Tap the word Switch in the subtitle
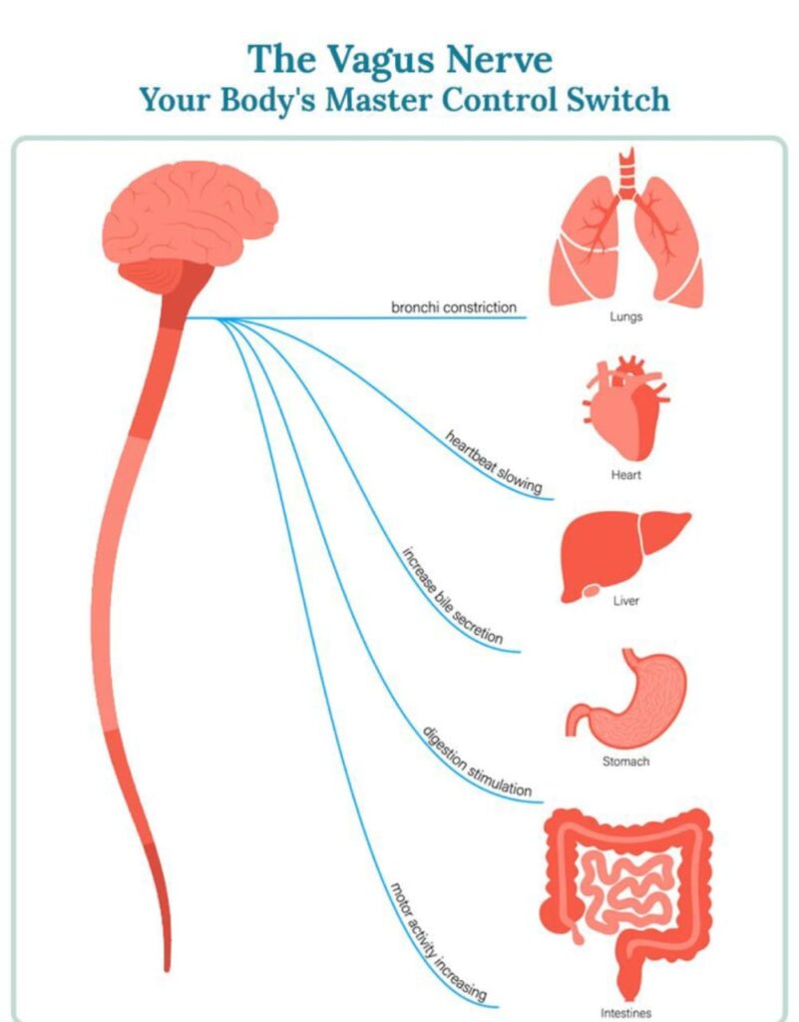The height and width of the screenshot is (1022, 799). pos(617,100)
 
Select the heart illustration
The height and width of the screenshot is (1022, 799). pos(625,408)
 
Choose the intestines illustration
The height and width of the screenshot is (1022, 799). pos(626,902)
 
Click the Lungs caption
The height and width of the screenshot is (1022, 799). pos(625,316)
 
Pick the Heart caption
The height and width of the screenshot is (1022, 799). pos(625,475)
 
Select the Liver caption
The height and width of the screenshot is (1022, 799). pos(625,601)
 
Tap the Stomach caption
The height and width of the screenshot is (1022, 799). pos(625,762)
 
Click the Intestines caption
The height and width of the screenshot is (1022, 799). pos(625,1013)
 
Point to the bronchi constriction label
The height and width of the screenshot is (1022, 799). pos(454,307)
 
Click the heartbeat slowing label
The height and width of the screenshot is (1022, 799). pos(494,462)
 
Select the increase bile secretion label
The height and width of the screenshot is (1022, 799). pos(452,596)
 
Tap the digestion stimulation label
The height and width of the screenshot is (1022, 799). pos(478,762)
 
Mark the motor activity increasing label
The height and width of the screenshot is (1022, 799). pos(438,942)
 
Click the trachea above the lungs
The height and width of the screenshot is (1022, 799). pos(626,174)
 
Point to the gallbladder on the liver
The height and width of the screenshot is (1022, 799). pos(592,591)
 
